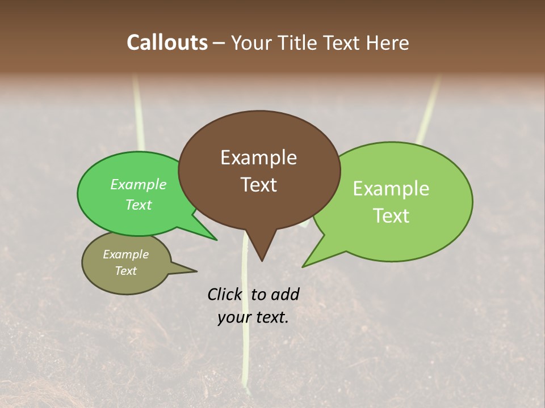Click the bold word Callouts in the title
coord(167,42)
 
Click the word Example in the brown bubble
coord(258,158)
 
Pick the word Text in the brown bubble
coord(258,185)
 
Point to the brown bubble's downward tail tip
coord(262,260)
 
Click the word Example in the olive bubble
coord(125,254)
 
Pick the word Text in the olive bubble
coord(125,271)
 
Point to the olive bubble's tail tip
coord(196,271)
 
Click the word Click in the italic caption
coord(224,294)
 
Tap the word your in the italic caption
coord(233,318)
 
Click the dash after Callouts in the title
coord(219,44)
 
